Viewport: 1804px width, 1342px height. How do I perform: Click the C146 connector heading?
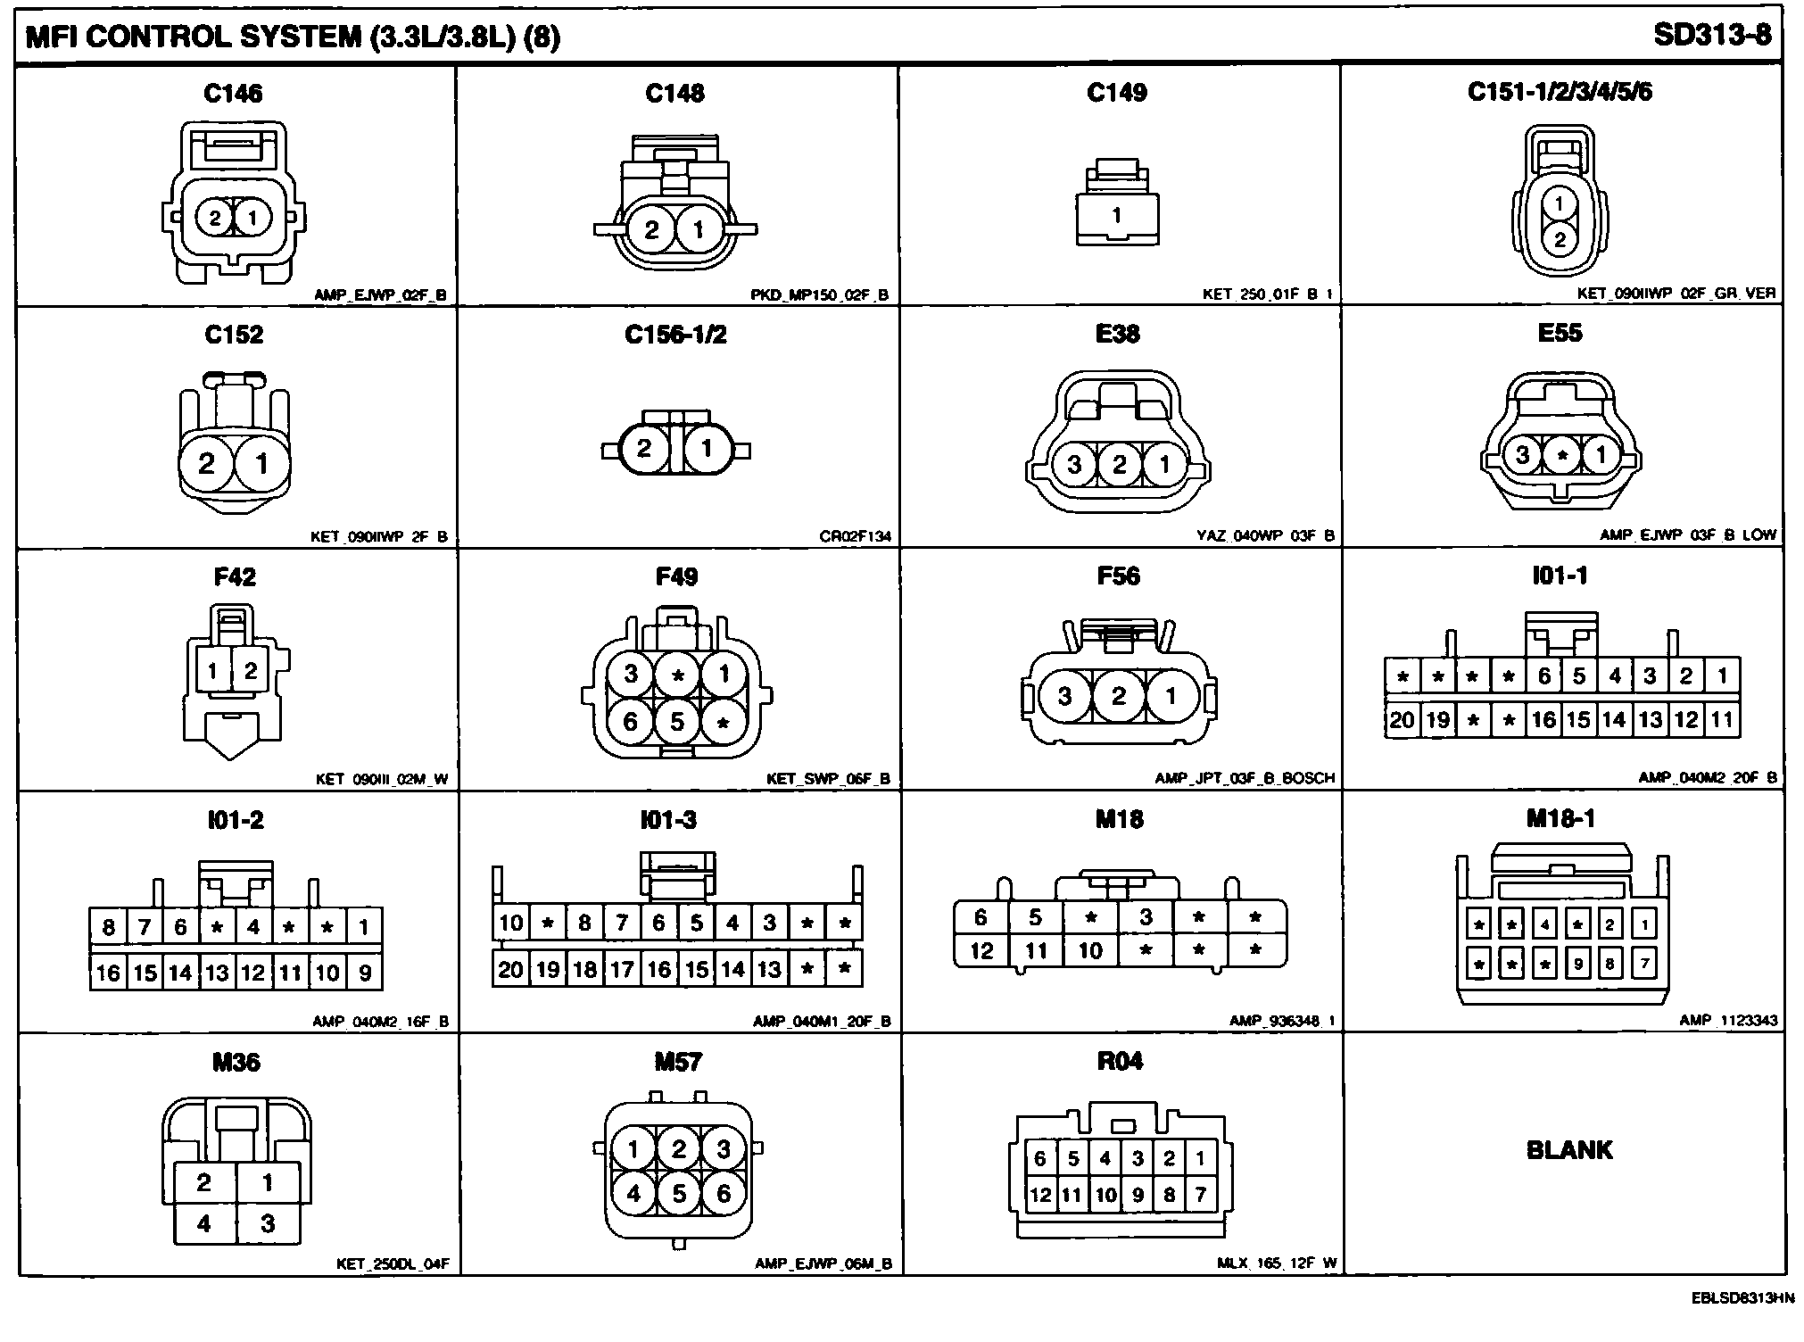[x=233, y=94]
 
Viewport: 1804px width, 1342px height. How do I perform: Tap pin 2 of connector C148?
[x=651, y=230]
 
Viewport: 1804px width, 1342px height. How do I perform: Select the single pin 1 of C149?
[x=1116, y=215]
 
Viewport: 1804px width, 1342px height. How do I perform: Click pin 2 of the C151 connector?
[x=1560, y=239]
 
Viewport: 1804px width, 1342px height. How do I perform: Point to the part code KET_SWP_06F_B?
[x=828, y=779]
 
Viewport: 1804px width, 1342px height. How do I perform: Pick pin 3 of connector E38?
[x=1074, y=464]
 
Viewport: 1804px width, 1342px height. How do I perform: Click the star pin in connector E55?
[x=1561, y=456]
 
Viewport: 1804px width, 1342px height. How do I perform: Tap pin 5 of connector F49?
[x=677, y=720]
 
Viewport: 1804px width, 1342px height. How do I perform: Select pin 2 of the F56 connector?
[x=1119, y=696]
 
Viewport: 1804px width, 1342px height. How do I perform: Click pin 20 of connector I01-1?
[x=1403, y=720]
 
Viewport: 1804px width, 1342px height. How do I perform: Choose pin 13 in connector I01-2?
[x=217, y=972]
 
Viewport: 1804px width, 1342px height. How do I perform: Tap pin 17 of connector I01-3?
[x=621, y=969]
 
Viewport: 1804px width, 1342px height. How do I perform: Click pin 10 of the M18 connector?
[x=1090, y=951]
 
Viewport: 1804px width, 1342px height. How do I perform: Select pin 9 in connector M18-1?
[x=1578, y=964]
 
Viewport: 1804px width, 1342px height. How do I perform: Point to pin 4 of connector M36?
[x=204, y=1223]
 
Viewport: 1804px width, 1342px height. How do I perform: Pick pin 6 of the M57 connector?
[x=724, y=1193]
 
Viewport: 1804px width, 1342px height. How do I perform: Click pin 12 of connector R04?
[x=1040, y=1195]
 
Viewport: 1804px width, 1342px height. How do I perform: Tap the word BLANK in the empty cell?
[x=1569, y=1150]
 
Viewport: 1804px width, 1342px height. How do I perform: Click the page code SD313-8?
[x=1711, y=36]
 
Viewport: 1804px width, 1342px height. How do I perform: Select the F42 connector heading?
[x=235, y=577]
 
